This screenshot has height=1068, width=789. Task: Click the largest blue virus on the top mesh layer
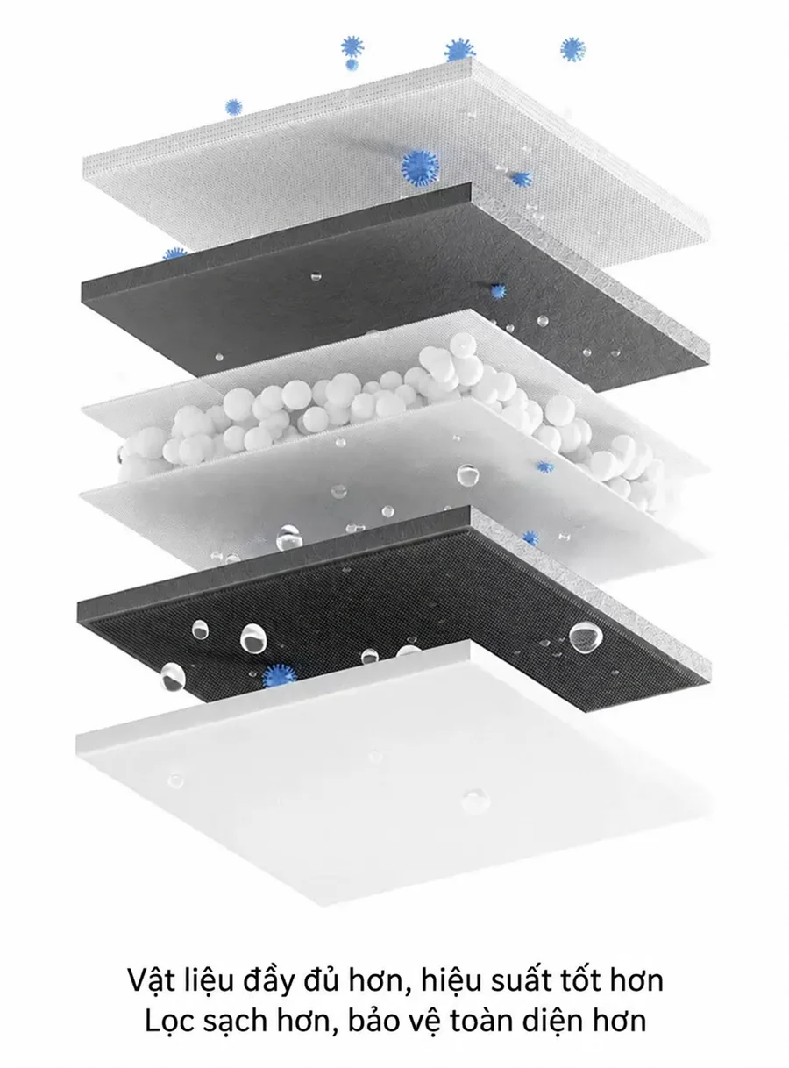pyautogui.click(x=420, y=168)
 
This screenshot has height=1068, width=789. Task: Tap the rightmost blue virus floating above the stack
pyautogui.click(x=572, y=50)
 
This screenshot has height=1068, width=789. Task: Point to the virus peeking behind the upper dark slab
pyautogui.click(x=175, y=253)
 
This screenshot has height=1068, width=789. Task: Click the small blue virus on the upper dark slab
pyautogui.click(x=498, y=291)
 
